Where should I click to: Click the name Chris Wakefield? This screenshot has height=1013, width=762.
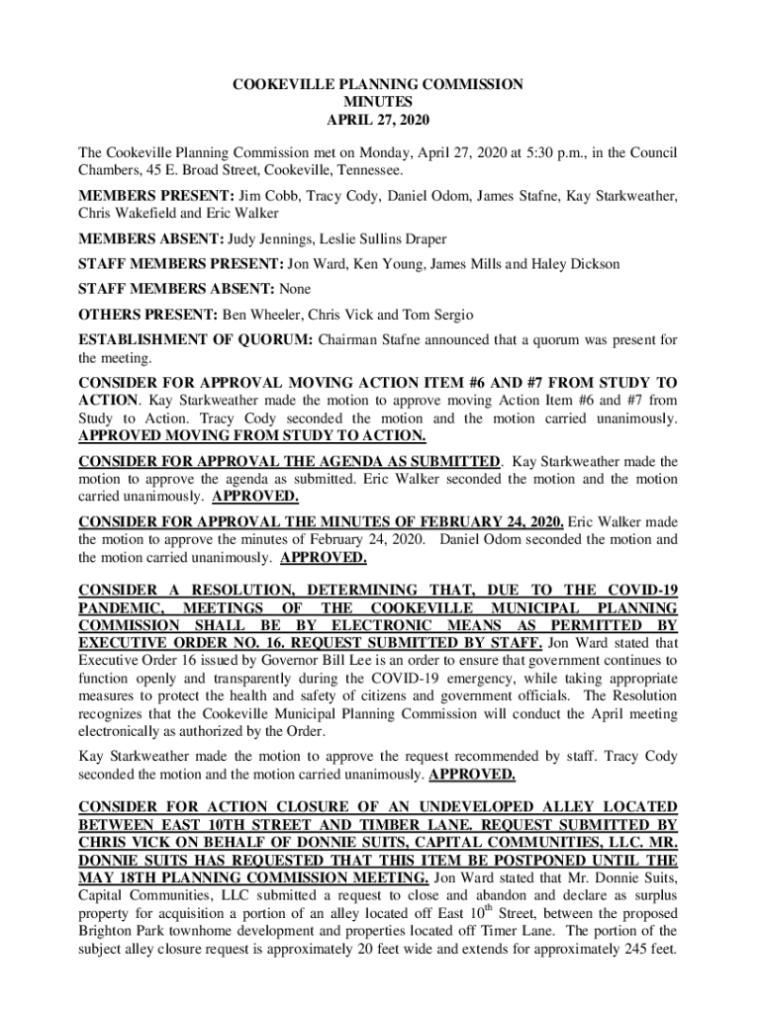(124, 213)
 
